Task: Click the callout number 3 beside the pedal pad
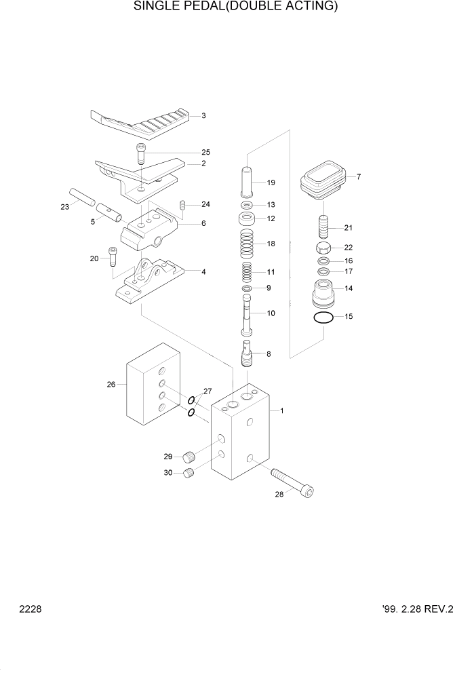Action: point(203,116)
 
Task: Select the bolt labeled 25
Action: point(141,155)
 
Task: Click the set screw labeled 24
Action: point(182,205)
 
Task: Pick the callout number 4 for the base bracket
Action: point(203,272)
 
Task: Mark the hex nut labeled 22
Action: point(324,248)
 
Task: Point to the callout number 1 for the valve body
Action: point(281,410)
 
